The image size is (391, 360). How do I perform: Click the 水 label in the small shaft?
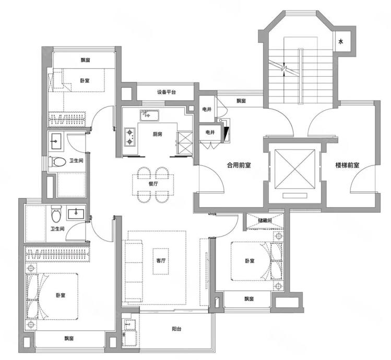click(341, 42)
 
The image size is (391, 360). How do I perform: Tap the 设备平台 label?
click(167, 92)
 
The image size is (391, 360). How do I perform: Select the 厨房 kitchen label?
click(157, 134)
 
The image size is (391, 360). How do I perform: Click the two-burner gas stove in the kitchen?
click(129, 137)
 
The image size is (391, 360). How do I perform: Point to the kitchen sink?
click(149, 115)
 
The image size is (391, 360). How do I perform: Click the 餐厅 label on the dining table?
click(153, 184)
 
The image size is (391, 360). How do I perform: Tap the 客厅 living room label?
click(161, 261)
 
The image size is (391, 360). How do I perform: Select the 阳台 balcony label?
click(176, 329)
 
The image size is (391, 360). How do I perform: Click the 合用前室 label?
click(239, 165)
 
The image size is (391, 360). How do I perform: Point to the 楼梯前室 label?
click(347, 165)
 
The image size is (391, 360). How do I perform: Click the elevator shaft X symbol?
click(294, 169)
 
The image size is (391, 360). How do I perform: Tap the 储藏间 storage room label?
click(265, 220)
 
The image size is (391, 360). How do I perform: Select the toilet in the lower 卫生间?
click(56, 214)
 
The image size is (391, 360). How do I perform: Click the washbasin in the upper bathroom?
click(56, 141)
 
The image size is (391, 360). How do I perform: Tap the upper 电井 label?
click(207, 109)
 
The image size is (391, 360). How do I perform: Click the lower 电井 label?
click(210, 133)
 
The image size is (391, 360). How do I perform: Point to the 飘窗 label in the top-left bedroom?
click(85, 60)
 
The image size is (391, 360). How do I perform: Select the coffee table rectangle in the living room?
click(161, 261)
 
